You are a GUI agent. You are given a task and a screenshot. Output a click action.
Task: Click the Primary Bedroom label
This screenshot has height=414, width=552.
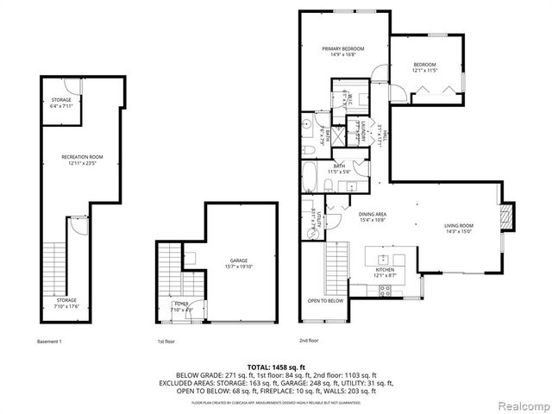click(x=343, y=49)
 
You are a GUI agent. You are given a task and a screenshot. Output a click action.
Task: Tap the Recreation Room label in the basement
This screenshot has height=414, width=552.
click(x=82, y=157)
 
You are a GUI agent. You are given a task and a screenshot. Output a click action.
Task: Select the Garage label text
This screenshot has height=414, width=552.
click(x=238, y=260)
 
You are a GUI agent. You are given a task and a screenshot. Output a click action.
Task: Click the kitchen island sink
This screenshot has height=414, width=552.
click(x=383, y=258)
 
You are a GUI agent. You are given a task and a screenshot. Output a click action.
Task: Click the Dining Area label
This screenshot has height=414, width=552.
click(x=372, y=215)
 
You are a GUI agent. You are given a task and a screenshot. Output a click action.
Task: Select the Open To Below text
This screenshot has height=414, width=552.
click(x=325, y=300)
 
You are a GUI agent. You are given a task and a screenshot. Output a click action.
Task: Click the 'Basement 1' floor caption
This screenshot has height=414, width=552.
click(x=50, y=342)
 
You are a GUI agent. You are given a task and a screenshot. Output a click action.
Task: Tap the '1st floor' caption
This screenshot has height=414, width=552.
click(x=166, y=342)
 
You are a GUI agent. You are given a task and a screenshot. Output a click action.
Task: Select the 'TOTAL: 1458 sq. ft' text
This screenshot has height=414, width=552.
click(x=276, y=367)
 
